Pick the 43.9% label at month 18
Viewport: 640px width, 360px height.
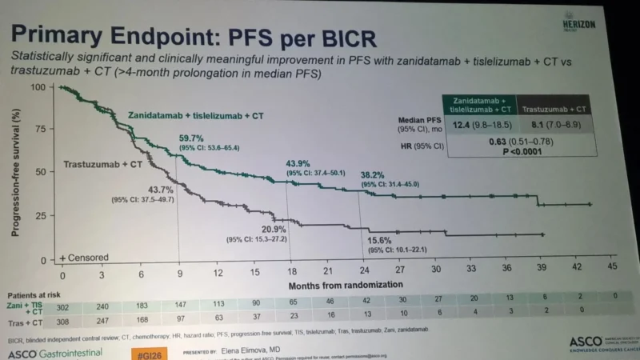[302, 163]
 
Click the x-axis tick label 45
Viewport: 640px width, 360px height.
[614, 266]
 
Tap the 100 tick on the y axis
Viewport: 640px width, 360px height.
[38, 86]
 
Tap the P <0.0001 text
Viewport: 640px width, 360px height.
[521, 153]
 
